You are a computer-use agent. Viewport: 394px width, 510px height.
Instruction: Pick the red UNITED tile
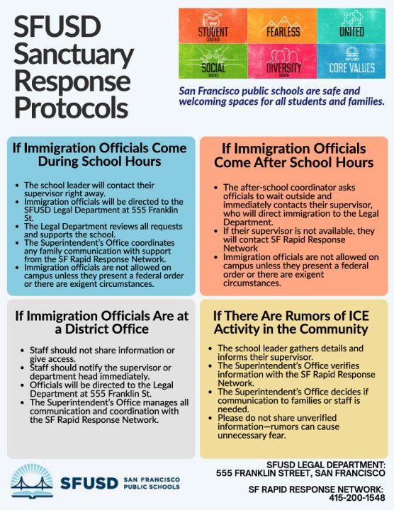click(351, 25)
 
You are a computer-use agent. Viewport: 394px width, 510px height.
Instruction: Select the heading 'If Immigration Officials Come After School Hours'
click(293, 156)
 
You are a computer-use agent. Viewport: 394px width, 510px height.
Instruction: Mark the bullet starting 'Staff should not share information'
click(101, 354)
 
